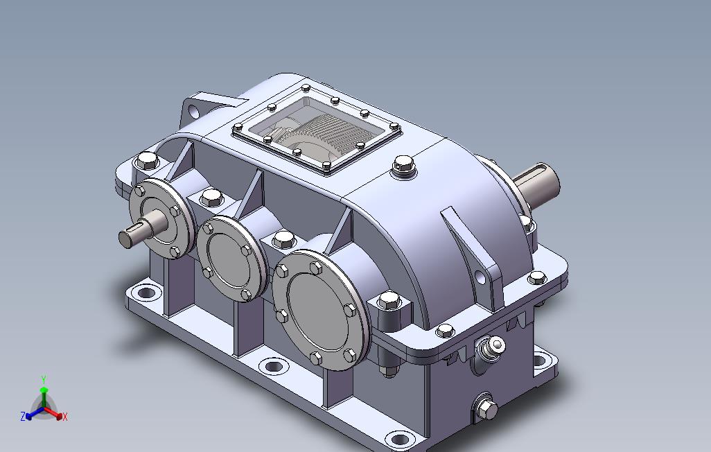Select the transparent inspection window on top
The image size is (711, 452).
pyautogui.click(x=317, y=130)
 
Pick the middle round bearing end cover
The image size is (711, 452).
pyautogui.click(x=231, y=258)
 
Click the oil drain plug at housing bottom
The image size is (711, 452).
pyautogui.click(x=486, y=409)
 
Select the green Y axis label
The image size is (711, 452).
pyautogui.click(x=44, y=379)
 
